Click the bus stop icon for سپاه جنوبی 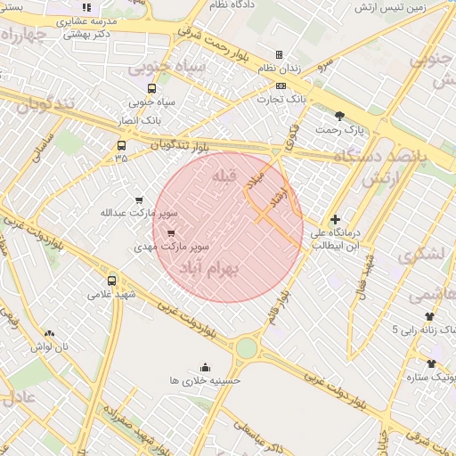click(151, 88)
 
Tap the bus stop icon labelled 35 click(121, 145)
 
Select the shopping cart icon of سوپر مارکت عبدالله click(138, 200)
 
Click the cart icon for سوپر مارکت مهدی click(171, 233)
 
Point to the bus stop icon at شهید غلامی click(111, 280)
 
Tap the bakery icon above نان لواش click(50, 334)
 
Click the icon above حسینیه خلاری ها click(206, 367)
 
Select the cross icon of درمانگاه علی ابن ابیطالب click(335, 219)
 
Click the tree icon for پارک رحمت click(339, 116)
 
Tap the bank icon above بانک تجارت click(281, 86)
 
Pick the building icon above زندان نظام click(279, 54)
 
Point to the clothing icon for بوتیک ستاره click(432, 363)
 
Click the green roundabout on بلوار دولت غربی click(247, 347)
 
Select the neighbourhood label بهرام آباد click(210, 269)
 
